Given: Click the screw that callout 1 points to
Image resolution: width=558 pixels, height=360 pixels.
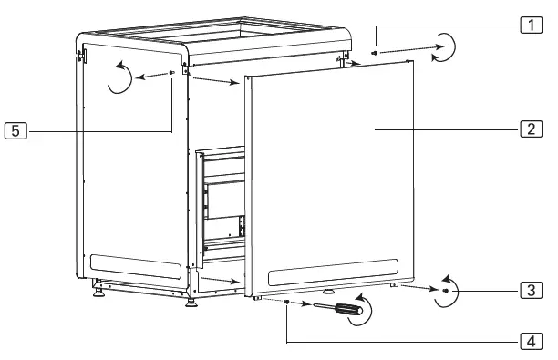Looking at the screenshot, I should coord(376,55).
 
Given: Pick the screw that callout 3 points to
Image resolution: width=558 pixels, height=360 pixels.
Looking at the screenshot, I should coord(444,291).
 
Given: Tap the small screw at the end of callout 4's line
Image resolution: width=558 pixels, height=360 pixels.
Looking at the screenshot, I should coord(287,303).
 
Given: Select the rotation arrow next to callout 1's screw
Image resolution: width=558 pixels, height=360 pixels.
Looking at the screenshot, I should coord(441,46).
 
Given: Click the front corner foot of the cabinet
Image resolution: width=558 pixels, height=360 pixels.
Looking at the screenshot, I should coord(191,301).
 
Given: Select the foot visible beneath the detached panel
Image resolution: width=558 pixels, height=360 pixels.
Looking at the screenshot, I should coord(327,293).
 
